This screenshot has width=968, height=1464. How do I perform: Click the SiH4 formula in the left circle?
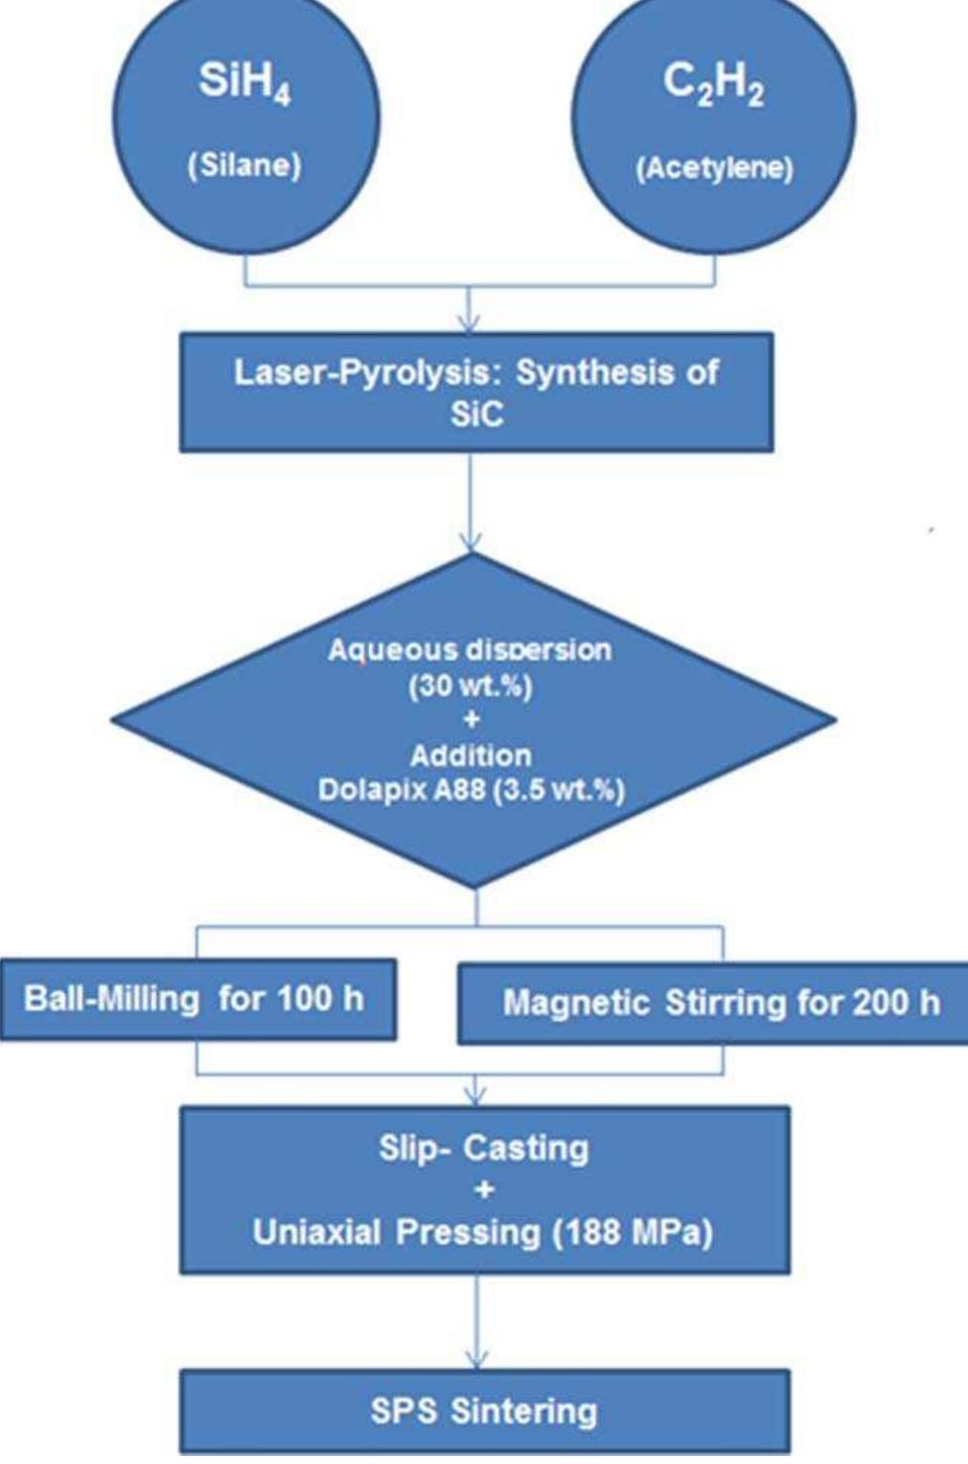tap(244, 82)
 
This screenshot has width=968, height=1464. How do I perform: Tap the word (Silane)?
tap(244, 165)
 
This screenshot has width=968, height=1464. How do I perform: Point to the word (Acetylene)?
tap(713, 168)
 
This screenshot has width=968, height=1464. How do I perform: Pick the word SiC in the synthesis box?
tap(476, 414)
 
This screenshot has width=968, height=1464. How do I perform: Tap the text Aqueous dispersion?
tap(470, 650)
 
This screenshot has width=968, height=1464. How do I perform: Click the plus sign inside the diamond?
tap(470, 721)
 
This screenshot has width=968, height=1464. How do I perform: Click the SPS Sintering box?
tap(484, 1410)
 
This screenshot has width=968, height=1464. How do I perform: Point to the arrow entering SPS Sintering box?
tap(477, 1328)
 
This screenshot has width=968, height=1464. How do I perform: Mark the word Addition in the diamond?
tap(470, 755)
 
